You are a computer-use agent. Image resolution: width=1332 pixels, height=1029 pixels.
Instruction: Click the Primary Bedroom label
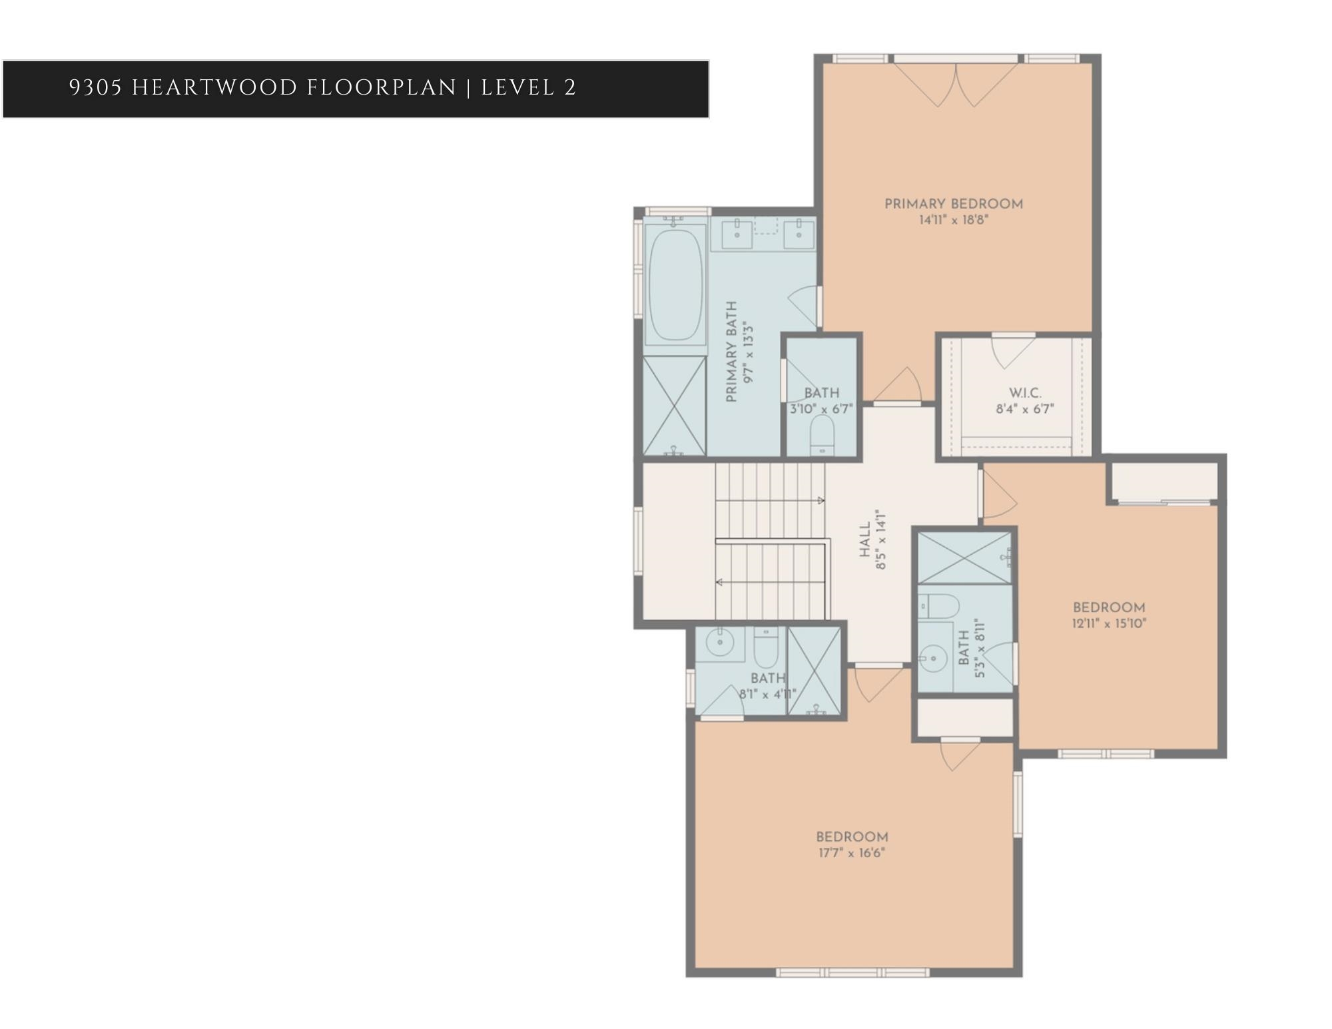[953, 204]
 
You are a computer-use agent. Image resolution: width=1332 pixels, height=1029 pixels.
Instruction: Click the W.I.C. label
[1024, 394]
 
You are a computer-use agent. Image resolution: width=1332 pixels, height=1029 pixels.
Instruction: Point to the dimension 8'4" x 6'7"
[1024, 409]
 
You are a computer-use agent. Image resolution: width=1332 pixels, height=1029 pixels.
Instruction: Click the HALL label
[864, 539]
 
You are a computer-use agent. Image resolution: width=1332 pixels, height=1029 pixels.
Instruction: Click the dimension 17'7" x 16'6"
[851, 853]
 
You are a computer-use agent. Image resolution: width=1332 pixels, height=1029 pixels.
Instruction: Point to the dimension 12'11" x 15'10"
[1109, 624]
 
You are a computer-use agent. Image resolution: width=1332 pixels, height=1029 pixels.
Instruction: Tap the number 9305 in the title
[95, 88]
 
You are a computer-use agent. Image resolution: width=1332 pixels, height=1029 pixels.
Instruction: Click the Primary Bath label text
[732, 351]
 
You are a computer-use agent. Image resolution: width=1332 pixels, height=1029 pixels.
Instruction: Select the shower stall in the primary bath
[674, 406]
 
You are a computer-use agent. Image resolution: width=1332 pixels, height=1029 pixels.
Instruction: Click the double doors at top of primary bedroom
[956, 85]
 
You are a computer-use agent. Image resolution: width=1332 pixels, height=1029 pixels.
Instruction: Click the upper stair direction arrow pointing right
[821, 500]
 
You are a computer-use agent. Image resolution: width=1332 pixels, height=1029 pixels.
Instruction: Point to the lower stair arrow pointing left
[720, 583]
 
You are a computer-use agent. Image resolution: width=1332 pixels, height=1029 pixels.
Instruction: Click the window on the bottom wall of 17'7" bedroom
[852, 973]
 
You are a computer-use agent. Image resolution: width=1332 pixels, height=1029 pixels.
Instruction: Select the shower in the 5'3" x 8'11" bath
[964, 557]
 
